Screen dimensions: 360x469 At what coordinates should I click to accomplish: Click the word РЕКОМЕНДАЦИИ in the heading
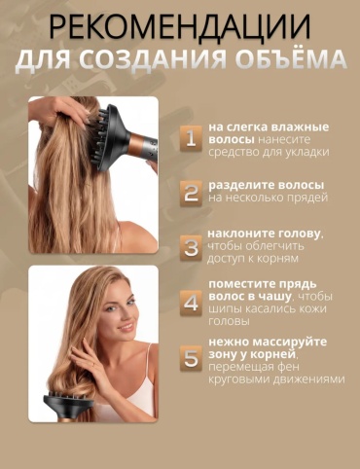point(180,26)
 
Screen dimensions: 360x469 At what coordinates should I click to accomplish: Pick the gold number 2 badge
point(192,194)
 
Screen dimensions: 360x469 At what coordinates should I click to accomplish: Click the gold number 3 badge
point(192,248)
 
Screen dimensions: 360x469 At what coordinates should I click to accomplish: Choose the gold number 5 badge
point(192,358)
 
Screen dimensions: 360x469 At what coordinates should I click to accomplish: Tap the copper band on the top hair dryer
point(136,144)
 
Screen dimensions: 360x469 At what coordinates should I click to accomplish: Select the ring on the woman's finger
point(93,365)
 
